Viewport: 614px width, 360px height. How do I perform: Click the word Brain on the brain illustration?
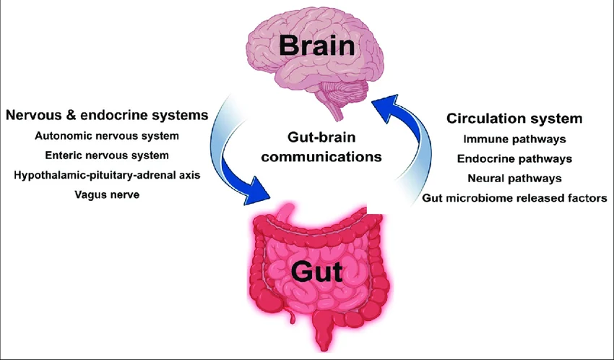pos(319,47)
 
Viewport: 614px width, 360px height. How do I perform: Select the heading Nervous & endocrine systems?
pos(107,114)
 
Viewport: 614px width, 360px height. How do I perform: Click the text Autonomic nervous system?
pos(107,135)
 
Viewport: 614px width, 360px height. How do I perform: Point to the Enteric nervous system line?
pos(107,155)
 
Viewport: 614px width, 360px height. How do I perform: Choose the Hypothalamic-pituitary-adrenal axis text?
pos(107,174)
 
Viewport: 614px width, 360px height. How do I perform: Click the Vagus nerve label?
pos(107,194)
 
